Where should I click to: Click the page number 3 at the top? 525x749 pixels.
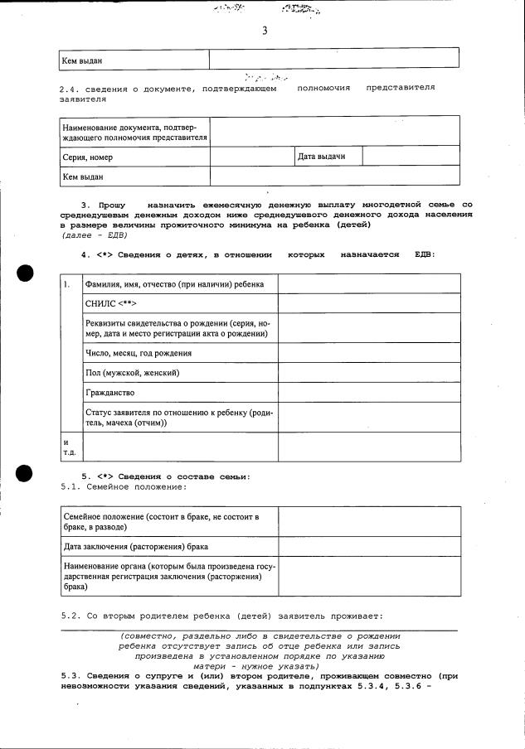point(264,31)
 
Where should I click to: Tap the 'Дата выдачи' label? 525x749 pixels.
point(321,156)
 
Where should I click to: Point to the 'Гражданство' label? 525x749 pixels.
point(109,392)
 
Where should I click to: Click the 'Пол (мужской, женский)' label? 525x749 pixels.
point(132,372)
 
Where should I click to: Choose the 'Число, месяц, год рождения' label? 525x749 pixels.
point(139,352)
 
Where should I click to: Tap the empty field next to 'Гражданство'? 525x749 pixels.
point(368,392)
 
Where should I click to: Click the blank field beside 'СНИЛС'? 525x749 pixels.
point(368,303)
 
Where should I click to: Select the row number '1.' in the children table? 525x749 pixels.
point(67,284)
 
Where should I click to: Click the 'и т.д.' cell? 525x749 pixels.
point(67,447)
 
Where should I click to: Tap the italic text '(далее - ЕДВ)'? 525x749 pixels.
point(94,234)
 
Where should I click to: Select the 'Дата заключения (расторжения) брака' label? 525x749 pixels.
point(136,547)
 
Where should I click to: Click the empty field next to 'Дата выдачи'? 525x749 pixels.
point(411,156)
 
